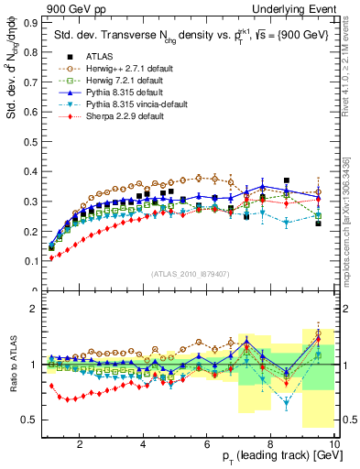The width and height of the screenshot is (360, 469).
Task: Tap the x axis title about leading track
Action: coord(275,458)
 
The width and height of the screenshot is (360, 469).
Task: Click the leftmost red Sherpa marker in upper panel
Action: coord(52,257)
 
